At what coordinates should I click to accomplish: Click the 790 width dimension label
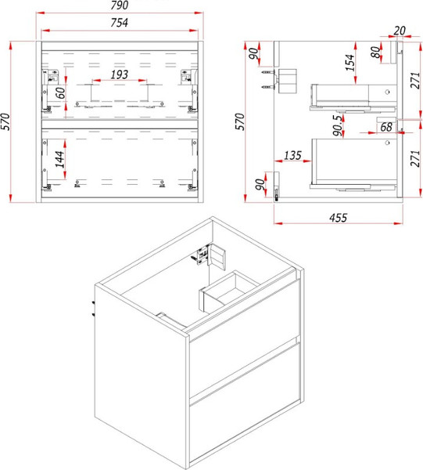[x=120, y=5]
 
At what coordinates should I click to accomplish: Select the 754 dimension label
[x=120, y=23]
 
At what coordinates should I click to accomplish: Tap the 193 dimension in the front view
[x=120, y=74]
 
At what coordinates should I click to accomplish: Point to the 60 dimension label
[x=60, y=93]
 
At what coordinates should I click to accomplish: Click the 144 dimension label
[x=60, y=159]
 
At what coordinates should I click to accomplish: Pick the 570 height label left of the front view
[x=5, y=121]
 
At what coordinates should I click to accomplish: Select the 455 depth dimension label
[x=339, y=218]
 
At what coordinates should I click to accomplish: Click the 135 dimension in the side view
[x=292, y=155]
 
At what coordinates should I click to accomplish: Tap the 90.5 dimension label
[x=338, y=125]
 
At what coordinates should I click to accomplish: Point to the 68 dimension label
[x=386, y=127]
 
